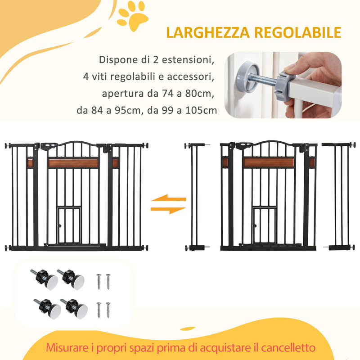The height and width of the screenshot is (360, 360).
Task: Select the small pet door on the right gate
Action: pyautogui.click(x=263, y=225)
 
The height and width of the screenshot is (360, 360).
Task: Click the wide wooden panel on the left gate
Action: pyautogui.click(x=73, y=163)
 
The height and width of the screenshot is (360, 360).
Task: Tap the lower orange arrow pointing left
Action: pyautogui.click(x=168, y=209)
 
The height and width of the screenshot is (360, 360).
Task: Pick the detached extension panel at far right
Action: pyautogui.click(x=338, y=196)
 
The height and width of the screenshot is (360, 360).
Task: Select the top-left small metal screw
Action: pyautogui.click(x=99, y=281)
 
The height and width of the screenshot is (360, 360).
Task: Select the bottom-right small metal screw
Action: pyautogui.click(x=108, y=310)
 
